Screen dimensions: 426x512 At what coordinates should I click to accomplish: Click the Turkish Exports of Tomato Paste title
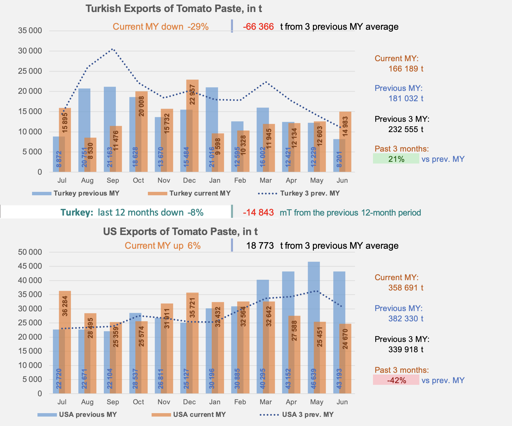point(174,9)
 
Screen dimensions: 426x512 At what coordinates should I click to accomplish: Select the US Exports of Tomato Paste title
point(180,231)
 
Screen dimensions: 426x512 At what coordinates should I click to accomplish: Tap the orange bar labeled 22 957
point(193,126)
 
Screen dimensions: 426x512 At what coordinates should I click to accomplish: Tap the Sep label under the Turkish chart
point(113,180)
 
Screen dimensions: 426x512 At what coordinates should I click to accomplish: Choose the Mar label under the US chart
point(265,402)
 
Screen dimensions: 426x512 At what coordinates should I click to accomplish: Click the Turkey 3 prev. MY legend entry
point(299,193)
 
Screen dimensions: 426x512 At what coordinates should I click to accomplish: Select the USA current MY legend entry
point(189,415)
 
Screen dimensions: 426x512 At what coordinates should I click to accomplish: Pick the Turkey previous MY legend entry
point(76,193)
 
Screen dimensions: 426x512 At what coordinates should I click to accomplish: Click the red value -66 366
point(258,27)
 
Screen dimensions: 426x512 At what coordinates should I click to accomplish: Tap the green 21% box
point(396,159)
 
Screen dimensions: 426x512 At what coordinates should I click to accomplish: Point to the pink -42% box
point(396,380)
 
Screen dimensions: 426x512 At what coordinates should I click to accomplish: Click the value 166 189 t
point(406,69)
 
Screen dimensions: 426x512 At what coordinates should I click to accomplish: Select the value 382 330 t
point(406,318)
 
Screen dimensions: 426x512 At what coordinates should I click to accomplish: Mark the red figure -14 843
point(258,212)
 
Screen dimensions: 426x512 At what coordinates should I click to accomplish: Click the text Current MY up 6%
point(162,246)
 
